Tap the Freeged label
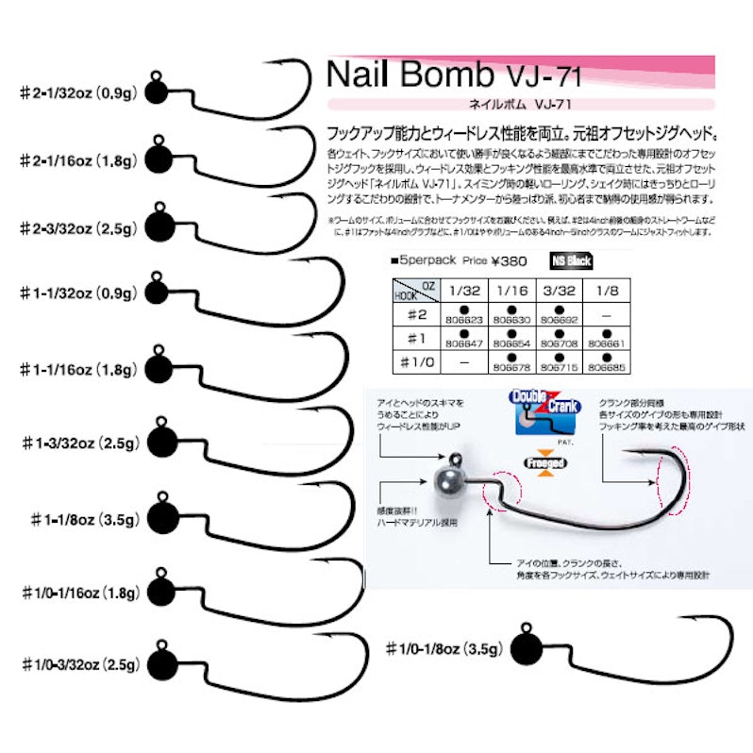[540, 464]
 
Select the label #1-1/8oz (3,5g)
[85, 518]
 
